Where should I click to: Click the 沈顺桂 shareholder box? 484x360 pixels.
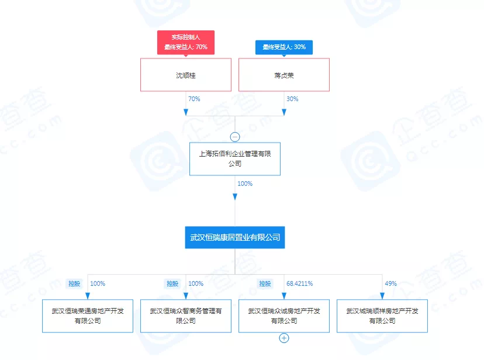185,75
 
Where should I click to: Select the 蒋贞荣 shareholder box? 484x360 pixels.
284,75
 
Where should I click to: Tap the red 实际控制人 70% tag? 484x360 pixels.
185,42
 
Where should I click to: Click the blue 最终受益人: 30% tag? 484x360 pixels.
284,47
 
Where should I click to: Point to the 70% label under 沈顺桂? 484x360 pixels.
194,99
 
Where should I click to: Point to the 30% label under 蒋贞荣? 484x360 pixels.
292,99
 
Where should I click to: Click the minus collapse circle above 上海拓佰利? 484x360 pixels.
235,137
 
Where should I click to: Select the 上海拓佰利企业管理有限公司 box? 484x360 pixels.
235,159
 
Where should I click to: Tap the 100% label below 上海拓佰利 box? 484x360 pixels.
244,184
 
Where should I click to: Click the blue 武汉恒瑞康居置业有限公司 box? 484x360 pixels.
235,237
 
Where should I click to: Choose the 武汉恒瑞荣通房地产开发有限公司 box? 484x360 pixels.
87,316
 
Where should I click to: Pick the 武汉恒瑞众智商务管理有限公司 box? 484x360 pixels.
185,316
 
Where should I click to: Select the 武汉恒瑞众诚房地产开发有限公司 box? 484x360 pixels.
284,316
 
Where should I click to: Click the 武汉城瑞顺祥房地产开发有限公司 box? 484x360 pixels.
382,316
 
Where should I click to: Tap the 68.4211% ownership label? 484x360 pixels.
300,283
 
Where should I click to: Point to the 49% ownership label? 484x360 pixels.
391,283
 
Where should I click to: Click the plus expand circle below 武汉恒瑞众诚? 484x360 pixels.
284,338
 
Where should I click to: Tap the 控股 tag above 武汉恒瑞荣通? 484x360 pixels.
74,283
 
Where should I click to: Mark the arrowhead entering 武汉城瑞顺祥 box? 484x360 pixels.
382,295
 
